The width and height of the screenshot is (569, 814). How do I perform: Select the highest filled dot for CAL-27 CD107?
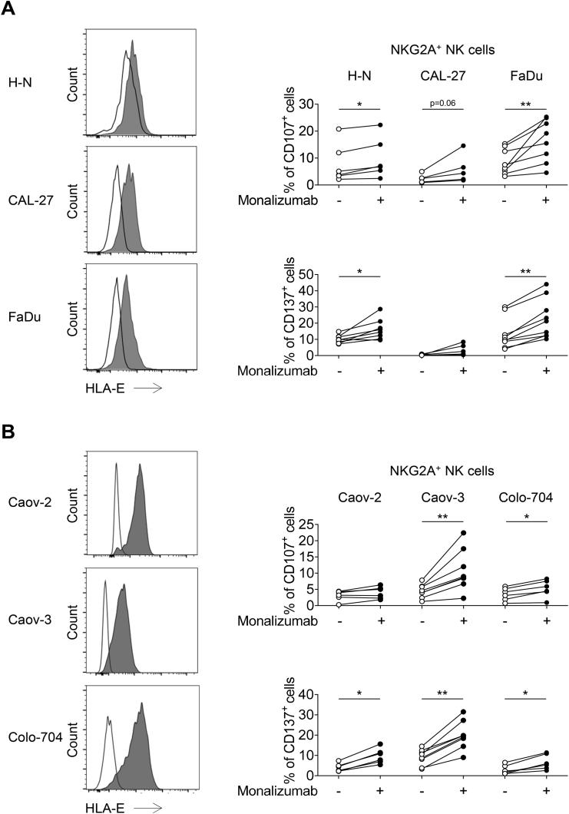pos(463,146)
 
